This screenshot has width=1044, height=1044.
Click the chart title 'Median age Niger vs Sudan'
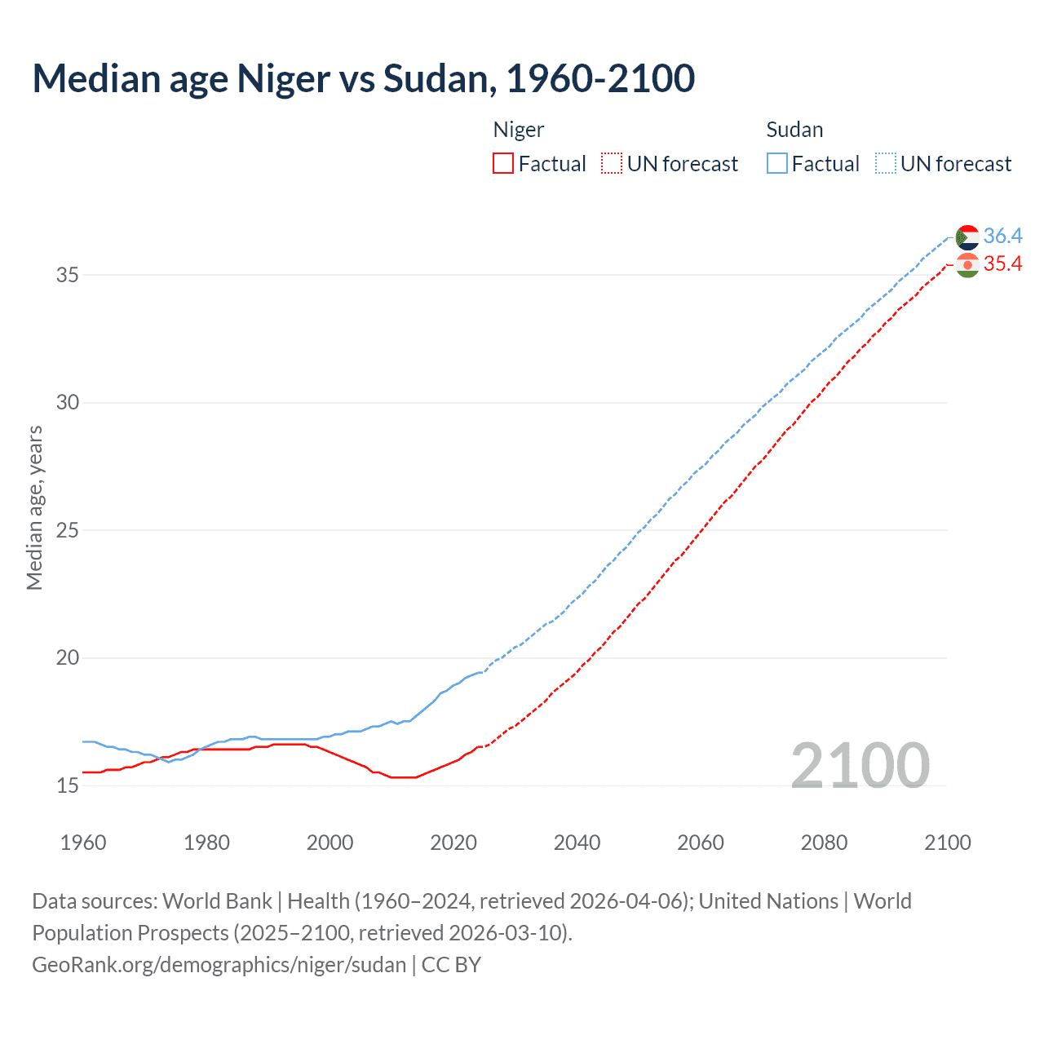click(x=363, y=78)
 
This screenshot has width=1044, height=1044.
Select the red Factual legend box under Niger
click(x=503, y=164)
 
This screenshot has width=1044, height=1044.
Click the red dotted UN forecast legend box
click(x=611, y=164)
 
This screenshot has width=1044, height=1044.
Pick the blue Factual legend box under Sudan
click(x=776, y=164)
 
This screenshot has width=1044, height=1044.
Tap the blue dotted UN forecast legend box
click(x=885, y=164)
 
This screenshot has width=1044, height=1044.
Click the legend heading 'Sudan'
click(x=794, y=130)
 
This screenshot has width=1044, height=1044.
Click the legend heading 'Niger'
click(x=519, y=130)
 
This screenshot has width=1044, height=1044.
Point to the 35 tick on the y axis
click(x=68, y=275)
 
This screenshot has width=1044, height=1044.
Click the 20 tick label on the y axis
click(x=68, y=657)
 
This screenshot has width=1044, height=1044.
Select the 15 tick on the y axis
click(x=68, y=785)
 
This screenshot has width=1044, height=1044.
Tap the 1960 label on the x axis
click(x=83, y=843)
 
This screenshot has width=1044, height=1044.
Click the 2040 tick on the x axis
click(x=577, y=843)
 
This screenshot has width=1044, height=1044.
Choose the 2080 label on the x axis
click(x=824, y=843)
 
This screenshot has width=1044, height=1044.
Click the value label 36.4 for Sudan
click(x=1002, y=237)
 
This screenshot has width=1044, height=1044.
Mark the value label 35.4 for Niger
click(x=1002, y=264)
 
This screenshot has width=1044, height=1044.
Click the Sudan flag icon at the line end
click(x=967, y=237)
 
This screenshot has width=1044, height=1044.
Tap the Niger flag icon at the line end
click(x=967, y=265)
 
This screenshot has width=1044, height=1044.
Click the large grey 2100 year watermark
click(x=860, y=765)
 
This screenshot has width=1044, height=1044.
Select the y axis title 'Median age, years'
click(x=34, y=507)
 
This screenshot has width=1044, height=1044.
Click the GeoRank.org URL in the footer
click(x=219, y=965)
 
